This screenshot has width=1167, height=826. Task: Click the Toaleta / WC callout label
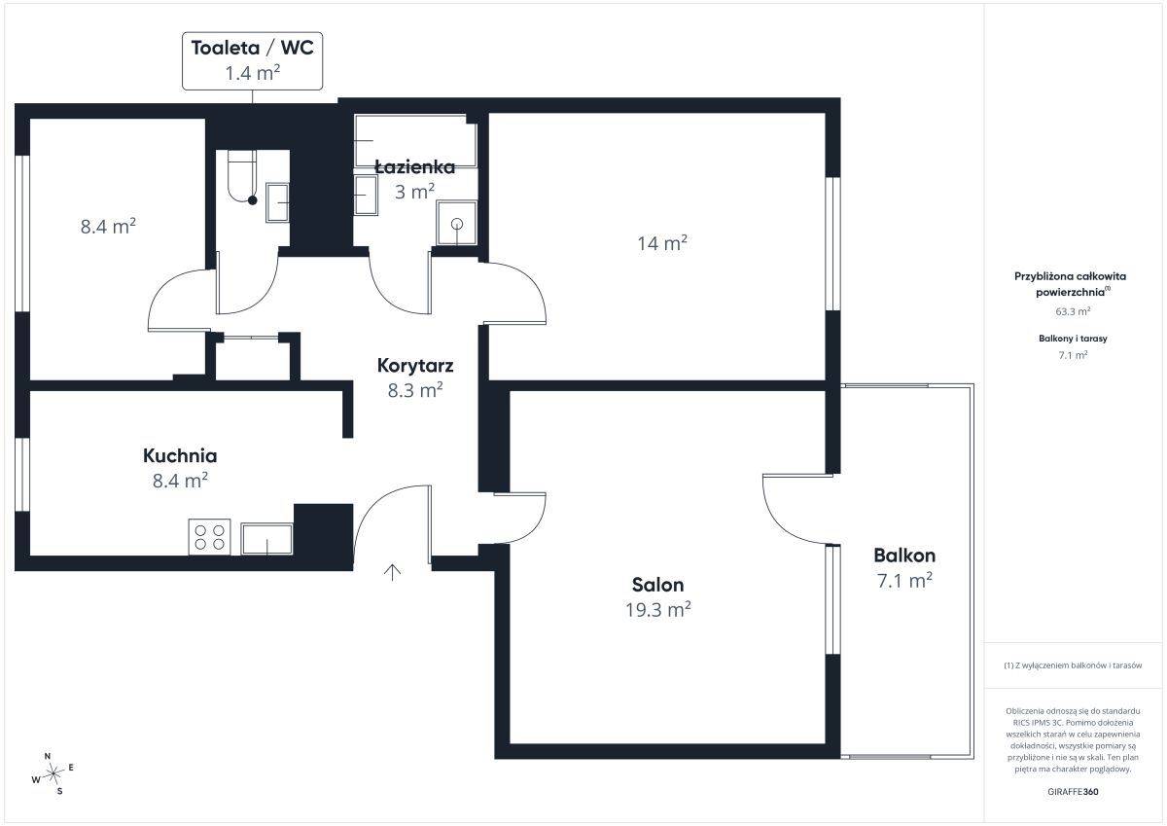[x=252, y=48]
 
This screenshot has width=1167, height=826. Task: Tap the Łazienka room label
[x=414, y=166]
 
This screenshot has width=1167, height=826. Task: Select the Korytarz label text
[x=415, y=366]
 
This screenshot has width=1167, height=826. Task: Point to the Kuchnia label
[x=180, y=455]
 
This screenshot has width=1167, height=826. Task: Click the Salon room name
[x=657, y=585]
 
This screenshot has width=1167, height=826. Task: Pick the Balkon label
[x=904, y=556]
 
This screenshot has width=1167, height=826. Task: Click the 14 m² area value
[x=662, y=243]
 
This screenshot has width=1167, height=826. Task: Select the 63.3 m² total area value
[x=1073, y=311]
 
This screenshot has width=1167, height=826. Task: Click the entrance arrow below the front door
[x=392, y=572]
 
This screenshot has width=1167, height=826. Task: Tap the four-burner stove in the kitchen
[x=209, y=537]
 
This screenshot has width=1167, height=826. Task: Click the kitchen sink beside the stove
[x=266, y=539]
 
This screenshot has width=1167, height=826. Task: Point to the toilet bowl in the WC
[x=242, y=176]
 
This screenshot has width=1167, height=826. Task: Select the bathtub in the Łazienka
[x=415, y=141]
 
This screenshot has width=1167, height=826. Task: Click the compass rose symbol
[x=53, y=773]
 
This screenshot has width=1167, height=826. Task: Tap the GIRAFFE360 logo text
[x=1073, y=792]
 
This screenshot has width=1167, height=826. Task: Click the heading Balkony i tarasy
[x=1073, y=339]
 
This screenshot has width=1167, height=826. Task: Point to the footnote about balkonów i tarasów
[x=1073, y=665]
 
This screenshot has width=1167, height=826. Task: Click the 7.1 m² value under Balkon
[x=904, y=581]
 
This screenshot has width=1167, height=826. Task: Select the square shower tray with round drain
[x=457, y=223]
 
